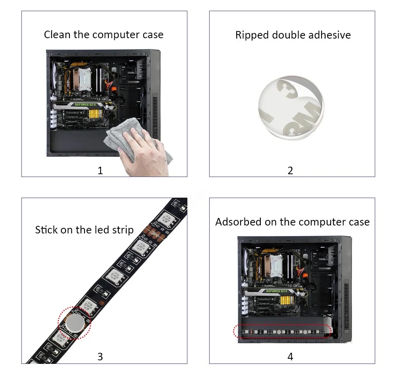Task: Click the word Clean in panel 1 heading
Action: (55, 35)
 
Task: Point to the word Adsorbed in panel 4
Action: (238, 222)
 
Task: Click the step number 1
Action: (100, 171)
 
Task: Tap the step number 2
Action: (290, 171)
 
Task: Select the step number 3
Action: (100, 357)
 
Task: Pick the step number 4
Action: (290, 357)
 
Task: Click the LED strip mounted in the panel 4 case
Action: (282, 331)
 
